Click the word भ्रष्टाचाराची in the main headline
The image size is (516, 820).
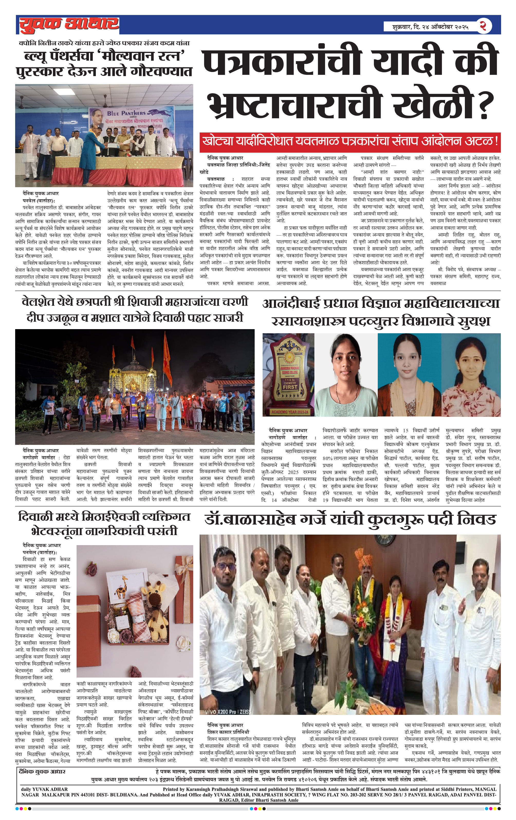[294, 104]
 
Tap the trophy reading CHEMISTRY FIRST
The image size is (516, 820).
[288, 374]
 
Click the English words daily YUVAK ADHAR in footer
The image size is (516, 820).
[44, 789]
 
